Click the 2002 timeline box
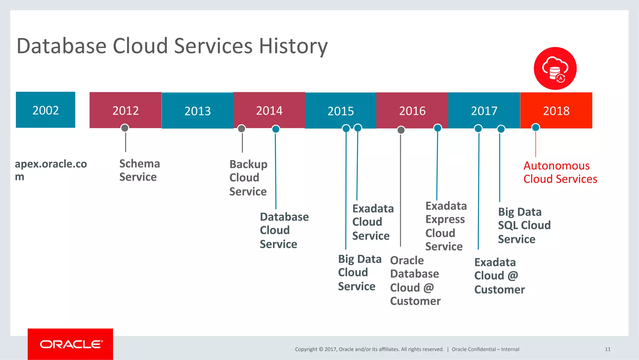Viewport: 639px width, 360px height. [46, 110]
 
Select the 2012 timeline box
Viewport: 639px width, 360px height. [125, 110]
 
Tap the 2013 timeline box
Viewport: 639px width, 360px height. [198, 111]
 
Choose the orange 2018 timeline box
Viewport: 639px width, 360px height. [556, 111]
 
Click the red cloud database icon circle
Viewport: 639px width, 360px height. [555, 69]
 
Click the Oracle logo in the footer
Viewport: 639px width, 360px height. [71, 344]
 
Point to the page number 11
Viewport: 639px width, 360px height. [607, 349]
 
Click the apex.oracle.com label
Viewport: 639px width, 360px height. [51, 170]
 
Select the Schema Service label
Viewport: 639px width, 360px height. [139, 170]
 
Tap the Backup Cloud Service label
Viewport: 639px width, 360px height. [248, 178]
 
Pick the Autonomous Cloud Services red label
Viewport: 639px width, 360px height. [560, 172]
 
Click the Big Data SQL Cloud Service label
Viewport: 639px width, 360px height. [524, 225]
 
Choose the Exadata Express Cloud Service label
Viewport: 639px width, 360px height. [446, 226]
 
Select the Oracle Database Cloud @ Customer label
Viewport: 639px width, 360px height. [415, 281]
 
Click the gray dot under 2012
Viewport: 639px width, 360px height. [125, 128]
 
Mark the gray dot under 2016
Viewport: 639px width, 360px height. [401, 130]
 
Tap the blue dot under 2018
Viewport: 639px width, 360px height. [535, 127]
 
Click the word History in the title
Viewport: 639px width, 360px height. [293, 46]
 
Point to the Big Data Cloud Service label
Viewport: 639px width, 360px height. [360, 273]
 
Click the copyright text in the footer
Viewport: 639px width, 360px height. [369, 349]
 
